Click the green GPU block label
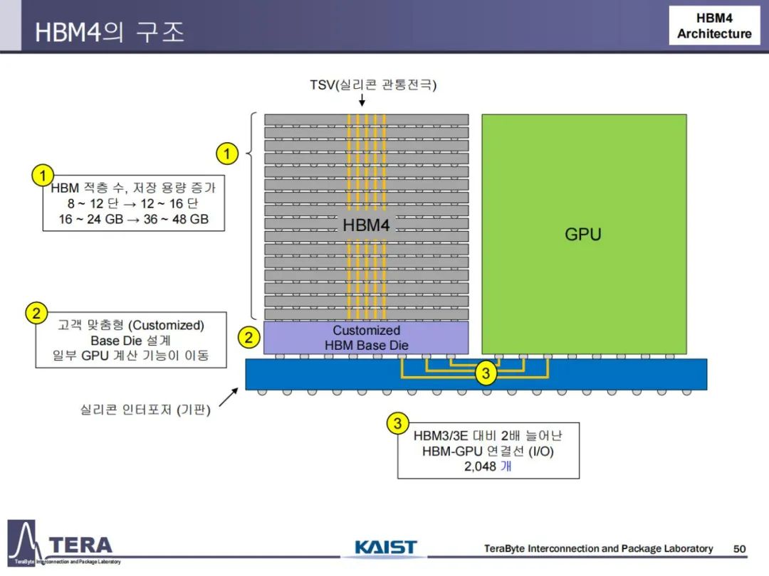(582, 234)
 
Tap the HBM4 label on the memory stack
(366, 225)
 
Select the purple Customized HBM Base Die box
(366, 338)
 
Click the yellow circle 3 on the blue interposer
(486, 373)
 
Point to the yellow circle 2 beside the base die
(249, 338)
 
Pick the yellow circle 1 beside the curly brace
(227, 154)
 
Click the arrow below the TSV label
(362, 100)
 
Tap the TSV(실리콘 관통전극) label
(372, 85)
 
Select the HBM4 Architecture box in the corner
(715, 26)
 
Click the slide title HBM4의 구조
(110, 32)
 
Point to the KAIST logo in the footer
(386, 547)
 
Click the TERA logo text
(81, 545)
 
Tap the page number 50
(740, 548)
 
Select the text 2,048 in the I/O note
(480, 466)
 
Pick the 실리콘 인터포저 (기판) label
(145, 410)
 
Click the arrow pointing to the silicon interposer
(229, 398)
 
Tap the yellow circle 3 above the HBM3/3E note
(398, 423)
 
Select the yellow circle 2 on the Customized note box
(36, 312)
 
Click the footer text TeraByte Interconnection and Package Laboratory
(598, 548)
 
